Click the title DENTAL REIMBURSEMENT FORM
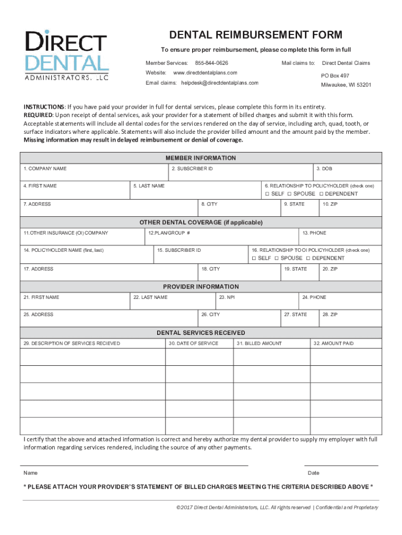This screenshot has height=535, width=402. click(x=255, y=35)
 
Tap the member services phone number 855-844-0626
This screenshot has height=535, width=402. click(x=211, y=63)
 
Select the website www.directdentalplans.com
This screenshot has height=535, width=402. click(x=205, y=73)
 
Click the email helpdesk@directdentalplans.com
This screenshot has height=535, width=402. click(x=220, y=83)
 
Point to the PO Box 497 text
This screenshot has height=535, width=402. click(x=335, y=75)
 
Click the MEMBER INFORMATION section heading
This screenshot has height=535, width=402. click(x=200, y=158)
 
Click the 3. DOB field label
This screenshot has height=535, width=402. click(x=324, y=169)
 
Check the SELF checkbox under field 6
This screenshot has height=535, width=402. click(x=267, y=194)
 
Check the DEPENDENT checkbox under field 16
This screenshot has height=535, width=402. click(x=308, y=258)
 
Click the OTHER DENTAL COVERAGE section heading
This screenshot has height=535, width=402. click(x=200, y=222)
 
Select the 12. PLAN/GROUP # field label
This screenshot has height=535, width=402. click(x=169, y=233)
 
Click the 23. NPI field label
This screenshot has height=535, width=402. click(x=227, y=297)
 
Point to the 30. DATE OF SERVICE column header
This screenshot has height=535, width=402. click(x=193, y=343)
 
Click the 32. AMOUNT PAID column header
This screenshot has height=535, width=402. click(x=334, y=343)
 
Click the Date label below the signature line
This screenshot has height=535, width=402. click(x=313, y=473)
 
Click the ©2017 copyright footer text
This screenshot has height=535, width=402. click(x=277, y=507)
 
